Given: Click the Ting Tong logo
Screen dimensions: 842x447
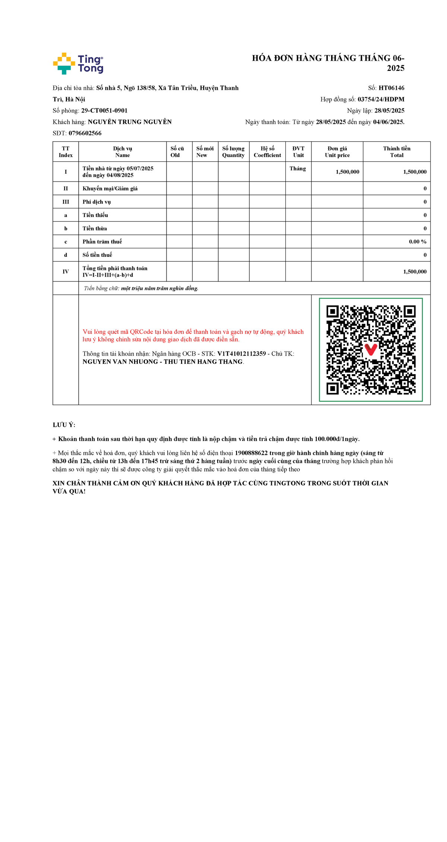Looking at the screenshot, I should click(x=78, y=64).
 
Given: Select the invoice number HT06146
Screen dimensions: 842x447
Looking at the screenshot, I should click(x=391, y=88).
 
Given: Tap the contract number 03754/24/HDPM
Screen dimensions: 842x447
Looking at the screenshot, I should click(x=381, y=99).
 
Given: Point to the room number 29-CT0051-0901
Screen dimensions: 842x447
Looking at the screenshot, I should click(x=104, y=111).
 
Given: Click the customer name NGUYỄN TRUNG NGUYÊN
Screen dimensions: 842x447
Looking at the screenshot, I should click(x=130, y=122).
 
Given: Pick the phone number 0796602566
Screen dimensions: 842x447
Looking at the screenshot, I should click(x=85, y=133).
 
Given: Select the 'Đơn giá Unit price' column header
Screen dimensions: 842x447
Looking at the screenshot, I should click(x=337, y=152).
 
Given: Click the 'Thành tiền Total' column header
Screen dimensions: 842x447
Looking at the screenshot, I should click(x=397, y=152).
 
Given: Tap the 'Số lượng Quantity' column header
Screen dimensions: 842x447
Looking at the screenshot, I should click(x=234, y=152).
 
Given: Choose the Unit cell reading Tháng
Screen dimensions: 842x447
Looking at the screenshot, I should click(x=298, y=168).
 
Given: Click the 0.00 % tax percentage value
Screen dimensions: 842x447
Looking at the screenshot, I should click(x=418, y=242).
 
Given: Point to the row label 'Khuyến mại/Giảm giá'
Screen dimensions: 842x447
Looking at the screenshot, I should click(x=110, y=189).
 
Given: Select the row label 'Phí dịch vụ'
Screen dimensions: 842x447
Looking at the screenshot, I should click(x=97, y=202).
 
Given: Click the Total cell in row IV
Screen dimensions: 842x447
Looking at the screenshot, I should click(x=415, y=272).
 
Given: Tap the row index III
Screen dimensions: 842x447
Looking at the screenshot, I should click(x=66, y=202).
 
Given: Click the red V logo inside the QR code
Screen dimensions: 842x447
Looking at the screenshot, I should click(x=371, y=349).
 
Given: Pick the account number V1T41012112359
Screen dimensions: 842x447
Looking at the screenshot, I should click(x=241, y=354).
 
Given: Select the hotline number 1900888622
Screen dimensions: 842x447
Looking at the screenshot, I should click(x=251, y=453).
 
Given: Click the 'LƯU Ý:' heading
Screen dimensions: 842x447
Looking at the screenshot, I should click(x=64, y=425).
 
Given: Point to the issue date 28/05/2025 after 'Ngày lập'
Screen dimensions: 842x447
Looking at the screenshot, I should click(x=389, y=111).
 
